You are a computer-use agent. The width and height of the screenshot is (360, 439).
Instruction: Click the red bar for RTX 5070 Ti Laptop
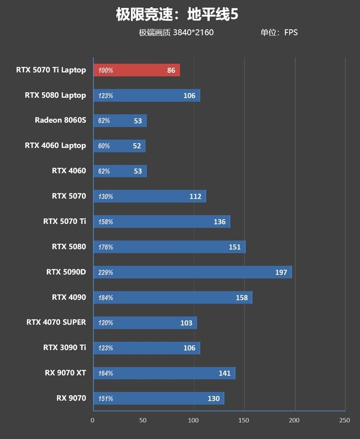(136, 70)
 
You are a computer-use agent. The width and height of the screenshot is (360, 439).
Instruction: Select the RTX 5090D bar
(192, 272)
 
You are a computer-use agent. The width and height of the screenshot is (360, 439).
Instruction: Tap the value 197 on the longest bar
(281, 272)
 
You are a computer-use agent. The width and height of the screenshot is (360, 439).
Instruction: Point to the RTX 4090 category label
(68, 297)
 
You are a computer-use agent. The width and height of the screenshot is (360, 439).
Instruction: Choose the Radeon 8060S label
(60, 120)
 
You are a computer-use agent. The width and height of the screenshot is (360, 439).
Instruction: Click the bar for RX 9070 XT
(164, 373)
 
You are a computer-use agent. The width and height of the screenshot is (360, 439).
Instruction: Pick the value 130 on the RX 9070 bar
(213, 398)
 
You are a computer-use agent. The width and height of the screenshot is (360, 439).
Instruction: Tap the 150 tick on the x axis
(244, 420)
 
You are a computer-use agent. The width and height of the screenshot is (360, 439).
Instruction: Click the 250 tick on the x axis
(344, 420)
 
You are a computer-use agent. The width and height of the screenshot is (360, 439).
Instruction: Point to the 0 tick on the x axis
(93, 420)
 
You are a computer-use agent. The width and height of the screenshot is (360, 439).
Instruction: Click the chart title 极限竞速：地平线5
(176, 15)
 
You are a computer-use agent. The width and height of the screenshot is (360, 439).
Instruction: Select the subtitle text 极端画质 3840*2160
(176, 32)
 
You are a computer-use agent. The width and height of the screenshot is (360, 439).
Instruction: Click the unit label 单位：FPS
(279, 32)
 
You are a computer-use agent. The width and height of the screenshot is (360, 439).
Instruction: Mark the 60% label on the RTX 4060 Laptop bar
(104, 146)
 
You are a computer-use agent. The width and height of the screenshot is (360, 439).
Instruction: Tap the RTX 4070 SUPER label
(56, 322)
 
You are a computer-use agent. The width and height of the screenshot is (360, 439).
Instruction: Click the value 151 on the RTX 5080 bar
(234, 247)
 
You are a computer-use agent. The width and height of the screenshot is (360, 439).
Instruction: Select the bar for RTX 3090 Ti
(146, 348)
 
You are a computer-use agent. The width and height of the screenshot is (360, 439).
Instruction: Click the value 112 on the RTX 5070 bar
(195, 197)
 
